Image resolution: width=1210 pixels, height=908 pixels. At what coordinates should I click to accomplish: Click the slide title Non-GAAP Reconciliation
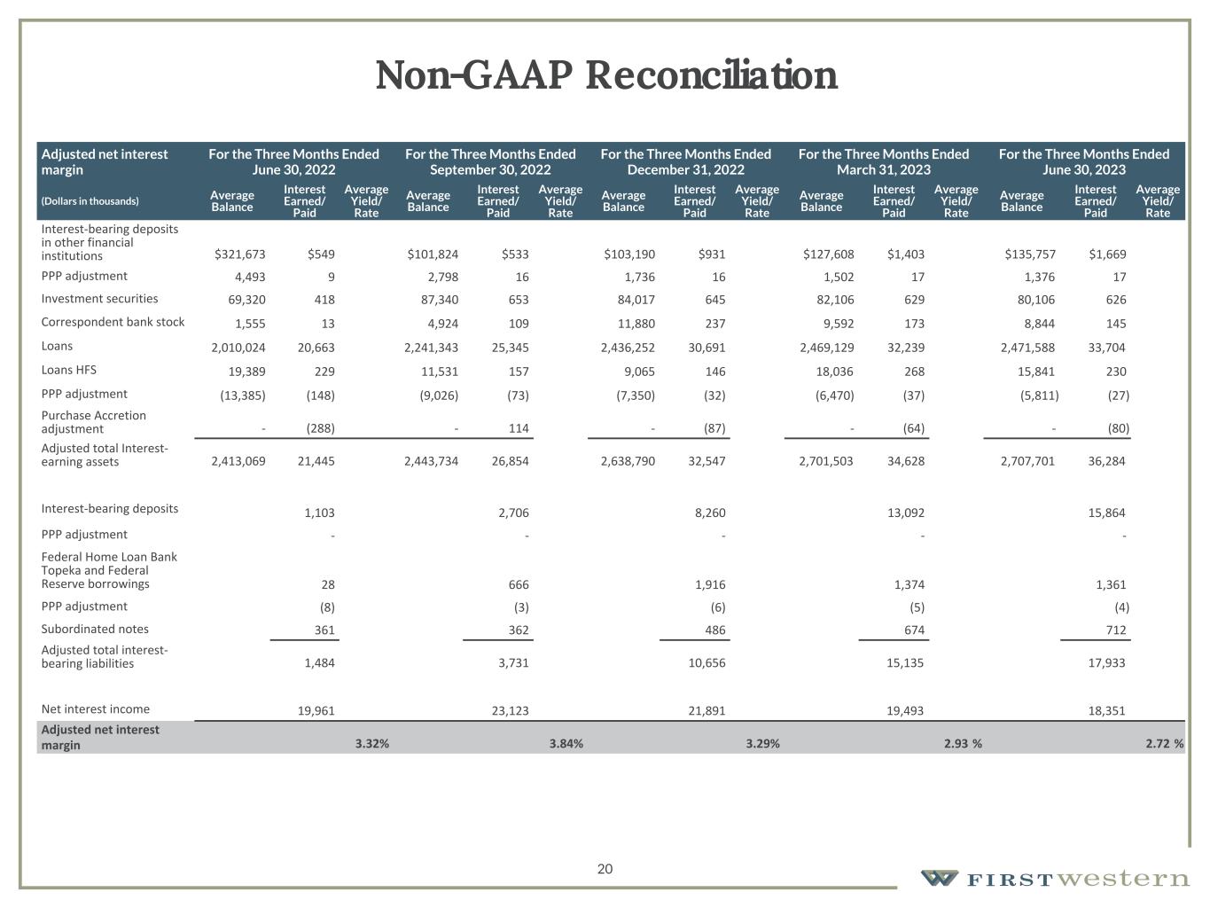(x=605, y=75)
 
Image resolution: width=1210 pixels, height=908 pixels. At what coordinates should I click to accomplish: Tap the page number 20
(x=605, y=869)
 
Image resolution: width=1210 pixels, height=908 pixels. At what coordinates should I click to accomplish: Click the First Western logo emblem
(x=939, y=879)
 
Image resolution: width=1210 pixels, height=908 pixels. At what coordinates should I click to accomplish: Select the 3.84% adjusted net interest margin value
(x=566, y=744)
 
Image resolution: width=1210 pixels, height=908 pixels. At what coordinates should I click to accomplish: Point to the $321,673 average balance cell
(x=239, y=254)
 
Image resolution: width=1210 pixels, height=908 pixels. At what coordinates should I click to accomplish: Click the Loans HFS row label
(x=66, y=371)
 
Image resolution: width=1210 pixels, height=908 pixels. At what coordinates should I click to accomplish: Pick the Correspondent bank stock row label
(x=113, y=323)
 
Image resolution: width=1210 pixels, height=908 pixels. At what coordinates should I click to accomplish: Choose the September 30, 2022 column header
(x=490, y=161)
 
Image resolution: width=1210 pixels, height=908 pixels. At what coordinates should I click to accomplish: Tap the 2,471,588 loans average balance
(x=1027, y=348)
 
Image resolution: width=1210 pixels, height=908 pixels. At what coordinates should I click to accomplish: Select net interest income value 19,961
(x=316, y=710)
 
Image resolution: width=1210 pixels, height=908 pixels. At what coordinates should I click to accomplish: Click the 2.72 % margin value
(x=1164, y=744)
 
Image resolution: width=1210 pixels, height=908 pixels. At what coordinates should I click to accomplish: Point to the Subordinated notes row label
(x=95, y=630)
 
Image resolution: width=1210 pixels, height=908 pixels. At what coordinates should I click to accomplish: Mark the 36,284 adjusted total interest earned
(x=1106, y=461)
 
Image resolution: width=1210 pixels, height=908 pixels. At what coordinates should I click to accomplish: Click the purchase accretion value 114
(x=519, y=428)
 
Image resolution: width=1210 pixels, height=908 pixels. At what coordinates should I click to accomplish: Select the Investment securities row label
(x=99, y=299)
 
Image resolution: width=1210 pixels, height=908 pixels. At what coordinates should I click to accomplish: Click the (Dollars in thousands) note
(x=90, y=201)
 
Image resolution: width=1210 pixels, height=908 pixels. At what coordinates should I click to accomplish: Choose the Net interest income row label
(x=96, y=709)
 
